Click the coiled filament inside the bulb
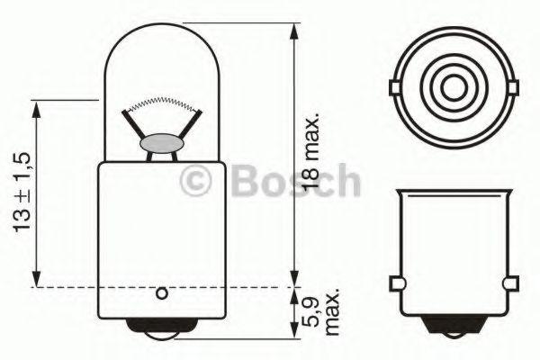point(162,102)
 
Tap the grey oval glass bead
point(162,143)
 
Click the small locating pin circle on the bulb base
point(161,294)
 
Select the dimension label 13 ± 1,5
point(22,192)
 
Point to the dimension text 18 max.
point(311,150)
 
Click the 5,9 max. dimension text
point(321,312)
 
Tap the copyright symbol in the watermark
point(195,181)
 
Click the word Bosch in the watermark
point(296,180)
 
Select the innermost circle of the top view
point(454,87)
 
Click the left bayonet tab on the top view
point(395,87)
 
